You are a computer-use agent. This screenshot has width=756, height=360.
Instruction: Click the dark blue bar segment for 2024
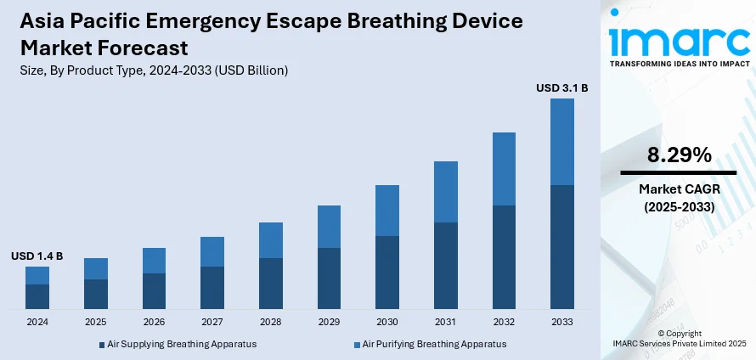coord(37,296)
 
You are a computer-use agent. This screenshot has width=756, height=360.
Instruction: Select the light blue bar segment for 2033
coord(562,142)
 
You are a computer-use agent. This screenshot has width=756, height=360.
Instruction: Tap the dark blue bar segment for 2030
coord(387,272)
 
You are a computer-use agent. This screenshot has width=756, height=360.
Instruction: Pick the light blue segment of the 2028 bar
coord(271,240)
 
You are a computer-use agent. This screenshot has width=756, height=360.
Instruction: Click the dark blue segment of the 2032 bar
coord(504,256)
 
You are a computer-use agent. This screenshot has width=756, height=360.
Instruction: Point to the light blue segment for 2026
coord(154,261)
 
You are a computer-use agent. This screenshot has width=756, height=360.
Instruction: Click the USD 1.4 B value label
coord(37,256)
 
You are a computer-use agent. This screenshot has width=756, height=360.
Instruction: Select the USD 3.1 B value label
coord(562,87)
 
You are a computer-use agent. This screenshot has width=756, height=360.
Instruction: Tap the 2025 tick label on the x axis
coord(96,323)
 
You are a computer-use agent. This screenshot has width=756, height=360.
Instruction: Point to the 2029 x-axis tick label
coord(330,323)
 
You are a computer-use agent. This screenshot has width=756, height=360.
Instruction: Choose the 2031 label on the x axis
coord(446,323)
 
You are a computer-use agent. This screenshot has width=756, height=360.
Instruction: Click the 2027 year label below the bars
coord(212,323)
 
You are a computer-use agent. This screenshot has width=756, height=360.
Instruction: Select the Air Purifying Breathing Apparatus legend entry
coord(434,344)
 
